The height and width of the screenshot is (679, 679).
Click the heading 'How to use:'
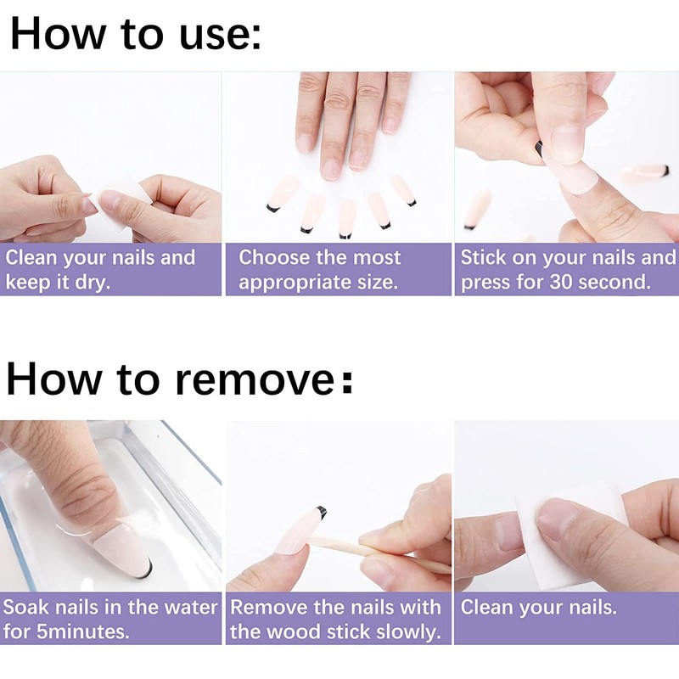coord(136,34)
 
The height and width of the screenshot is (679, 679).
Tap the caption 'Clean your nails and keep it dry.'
coord(100,269)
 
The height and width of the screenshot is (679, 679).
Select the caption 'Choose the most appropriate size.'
coord(320,269)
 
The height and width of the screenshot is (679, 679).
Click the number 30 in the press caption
coord(561,282)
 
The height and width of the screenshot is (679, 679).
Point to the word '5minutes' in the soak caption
coord(82,631)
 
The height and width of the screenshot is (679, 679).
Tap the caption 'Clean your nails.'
coord(538,607)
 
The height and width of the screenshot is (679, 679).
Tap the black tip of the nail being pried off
coord(321,511)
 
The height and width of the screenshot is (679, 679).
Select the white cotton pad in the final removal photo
coord(563,537)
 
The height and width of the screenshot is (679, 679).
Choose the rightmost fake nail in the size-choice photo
coord(402,189)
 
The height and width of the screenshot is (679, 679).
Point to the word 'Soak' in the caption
coord(26,607)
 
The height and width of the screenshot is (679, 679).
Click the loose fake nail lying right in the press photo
coord(645,172)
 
